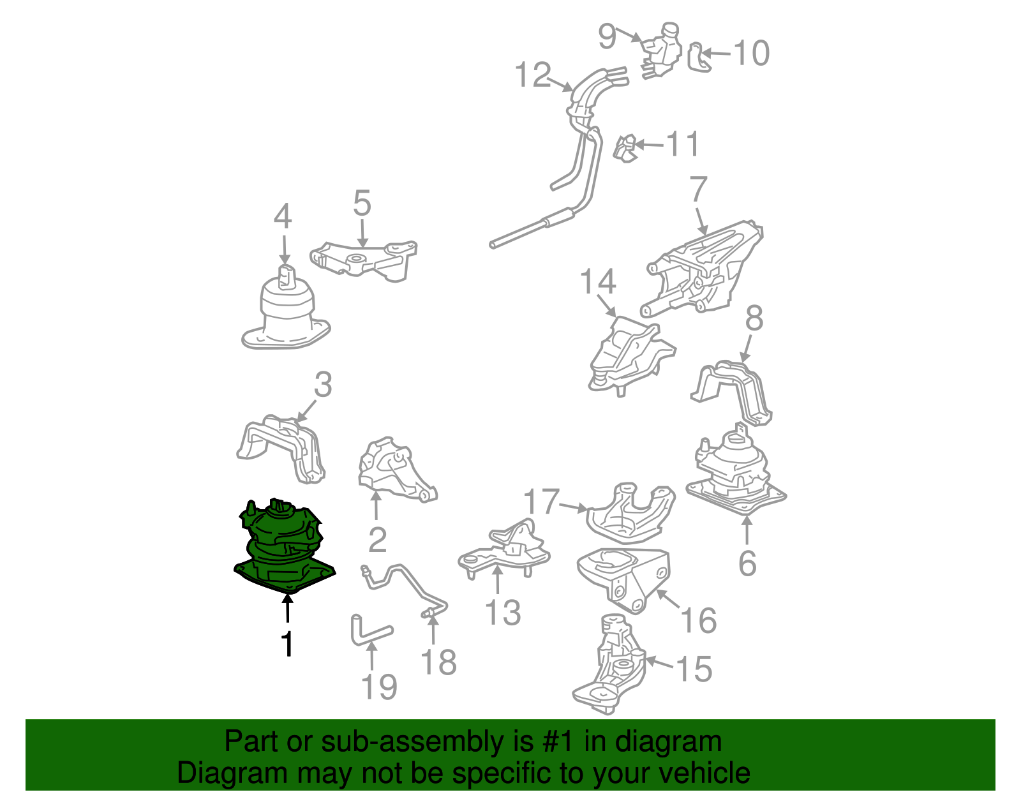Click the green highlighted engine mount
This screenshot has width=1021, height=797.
point(284,547)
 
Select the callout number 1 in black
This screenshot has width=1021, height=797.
point(287,644)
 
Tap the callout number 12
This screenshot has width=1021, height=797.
point(533,75)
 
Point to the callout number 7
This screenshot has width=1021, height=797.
point(698,190)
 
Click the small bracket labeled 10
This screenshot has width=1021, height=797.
point(699,58)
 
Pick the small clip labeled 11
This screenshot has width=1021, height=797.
point(625,149)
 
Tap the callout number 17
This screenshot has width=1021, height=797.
point(541,501)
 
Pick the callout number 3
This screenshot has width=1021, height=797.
point(324,384)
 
